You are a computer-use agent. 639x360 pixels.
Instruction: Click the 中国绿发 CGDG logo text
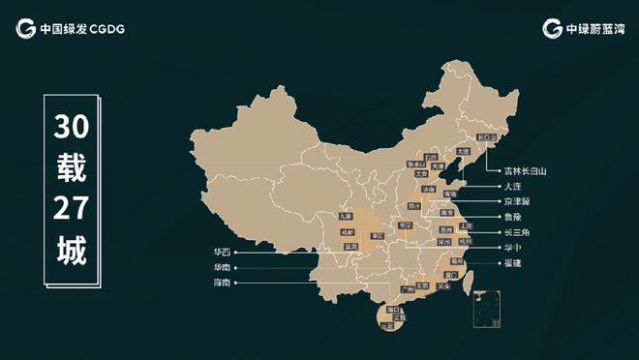coord(82,28)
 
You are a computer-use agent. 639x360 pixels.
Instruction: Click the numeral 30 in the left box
coord(71,128)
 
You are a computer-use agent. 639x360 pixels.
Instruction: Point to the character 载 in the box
coord(71,169)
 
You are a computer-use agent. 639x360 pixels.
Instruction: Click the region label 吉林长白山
coord(525,170)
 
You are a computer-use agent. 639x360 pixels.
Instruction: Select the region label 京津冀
coord(516,201)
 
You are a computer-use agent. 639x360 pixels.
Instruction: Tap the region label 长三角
coord(516,232)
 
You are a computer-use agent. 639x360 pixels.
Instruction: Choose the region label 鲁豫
coord(512,217)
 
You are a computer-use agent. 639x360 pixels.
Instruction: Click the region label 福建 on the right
coord(512,263)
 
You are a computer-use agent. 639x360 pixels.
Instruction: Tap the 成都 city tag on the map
coord(348,232)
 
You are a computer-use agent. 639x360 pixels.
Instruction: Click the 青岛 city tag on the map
coord(448,195)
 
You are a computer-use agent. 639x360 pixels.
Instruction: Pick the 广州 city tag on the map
coord(408,288)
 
